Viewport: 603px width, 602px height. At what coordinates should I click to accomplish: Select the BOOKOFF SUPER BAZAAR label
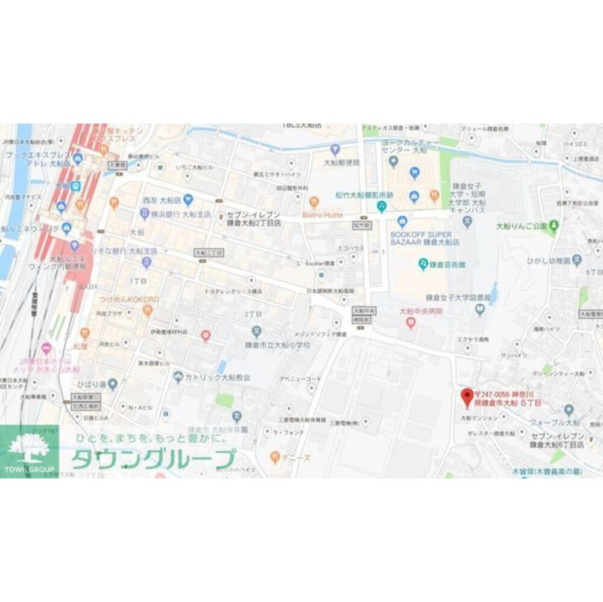(x=425, y=237)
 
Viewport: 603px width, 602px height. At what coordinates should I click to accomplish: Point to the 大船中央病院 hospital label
(x=421, y=312)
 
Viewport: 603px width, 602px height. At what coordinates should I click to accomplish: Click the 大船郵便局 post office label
(x=341, y=163)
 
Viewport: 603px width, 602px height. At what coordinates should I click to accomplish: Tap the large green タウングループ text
(x=153, y=459)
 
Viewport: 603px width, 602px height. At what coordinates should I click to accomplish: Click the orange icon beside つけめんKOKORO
(x=148, y=310)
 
